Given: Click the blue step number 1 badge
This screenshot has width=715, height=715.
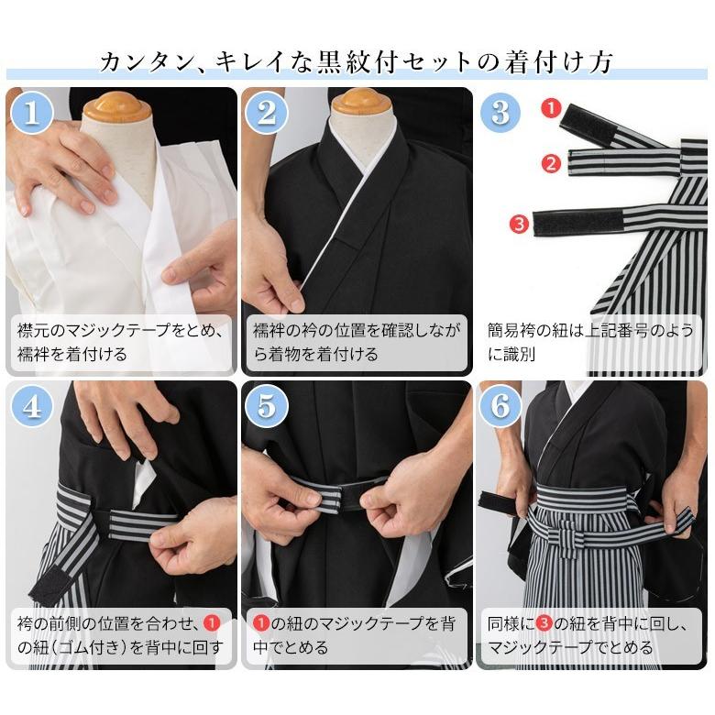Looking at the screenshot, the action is point(31,112).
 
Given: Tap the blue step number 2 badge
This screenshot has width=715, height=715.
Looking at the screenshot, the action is point(267,112).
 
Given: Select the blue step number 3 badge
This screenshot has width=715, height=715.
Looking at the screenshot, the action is point(500,112).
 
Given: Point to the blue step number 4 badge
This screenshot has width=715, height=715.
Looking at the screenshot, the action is point(31,405).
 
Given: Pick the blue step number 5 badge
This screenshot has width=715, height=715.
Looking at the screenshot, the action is point(267,405).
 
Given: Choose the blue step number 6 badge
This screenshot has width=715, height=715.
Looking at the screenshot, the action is point(500,405).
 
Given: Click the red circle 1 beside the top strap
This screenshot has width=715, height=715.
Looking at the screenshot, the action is point(551,108).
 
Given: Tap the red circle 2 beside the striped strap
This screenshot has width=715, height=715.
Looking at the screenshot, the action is point(551,163).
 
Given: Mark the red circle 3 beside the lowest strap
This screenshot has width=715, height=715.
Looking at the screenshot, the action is point(519,224).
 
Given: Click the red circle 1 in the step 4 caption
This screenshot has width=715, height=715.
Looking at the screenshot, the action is point(212,623).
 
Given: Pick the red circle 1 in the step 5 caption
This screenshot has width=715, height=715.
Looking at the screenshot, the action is point(261,623).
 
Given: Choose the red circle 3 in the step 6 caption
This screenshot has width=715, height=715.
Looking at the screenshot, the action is point(544,623).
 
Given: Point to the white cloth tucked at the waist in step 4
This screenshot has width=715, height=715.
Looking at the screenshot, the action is point(143,483).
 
